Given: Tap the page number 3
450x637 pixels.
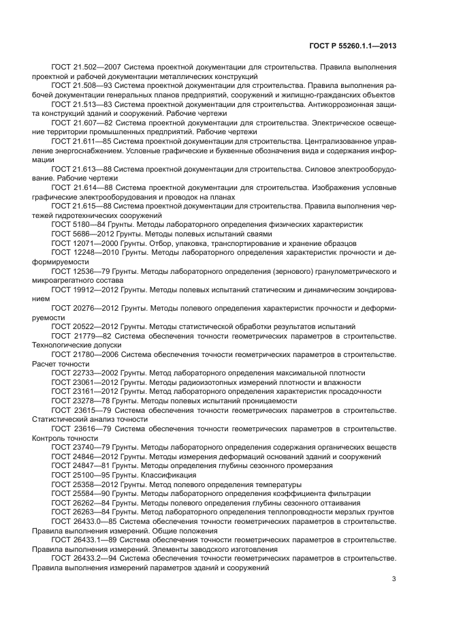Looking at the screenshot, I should [x=393, y=580].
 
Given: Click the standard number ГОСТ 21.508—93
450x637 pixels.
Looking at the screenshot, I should [x=78, y=87].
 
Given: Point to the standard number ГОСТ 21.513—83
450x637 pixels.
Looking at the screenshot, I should [x=78, y=104].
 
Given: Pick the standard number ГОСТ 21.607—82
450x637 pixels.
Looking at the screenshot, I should [x=78, y=122].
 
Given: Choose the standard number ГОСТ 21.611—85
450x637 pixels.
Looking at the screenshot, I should [x=78, y=140].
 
